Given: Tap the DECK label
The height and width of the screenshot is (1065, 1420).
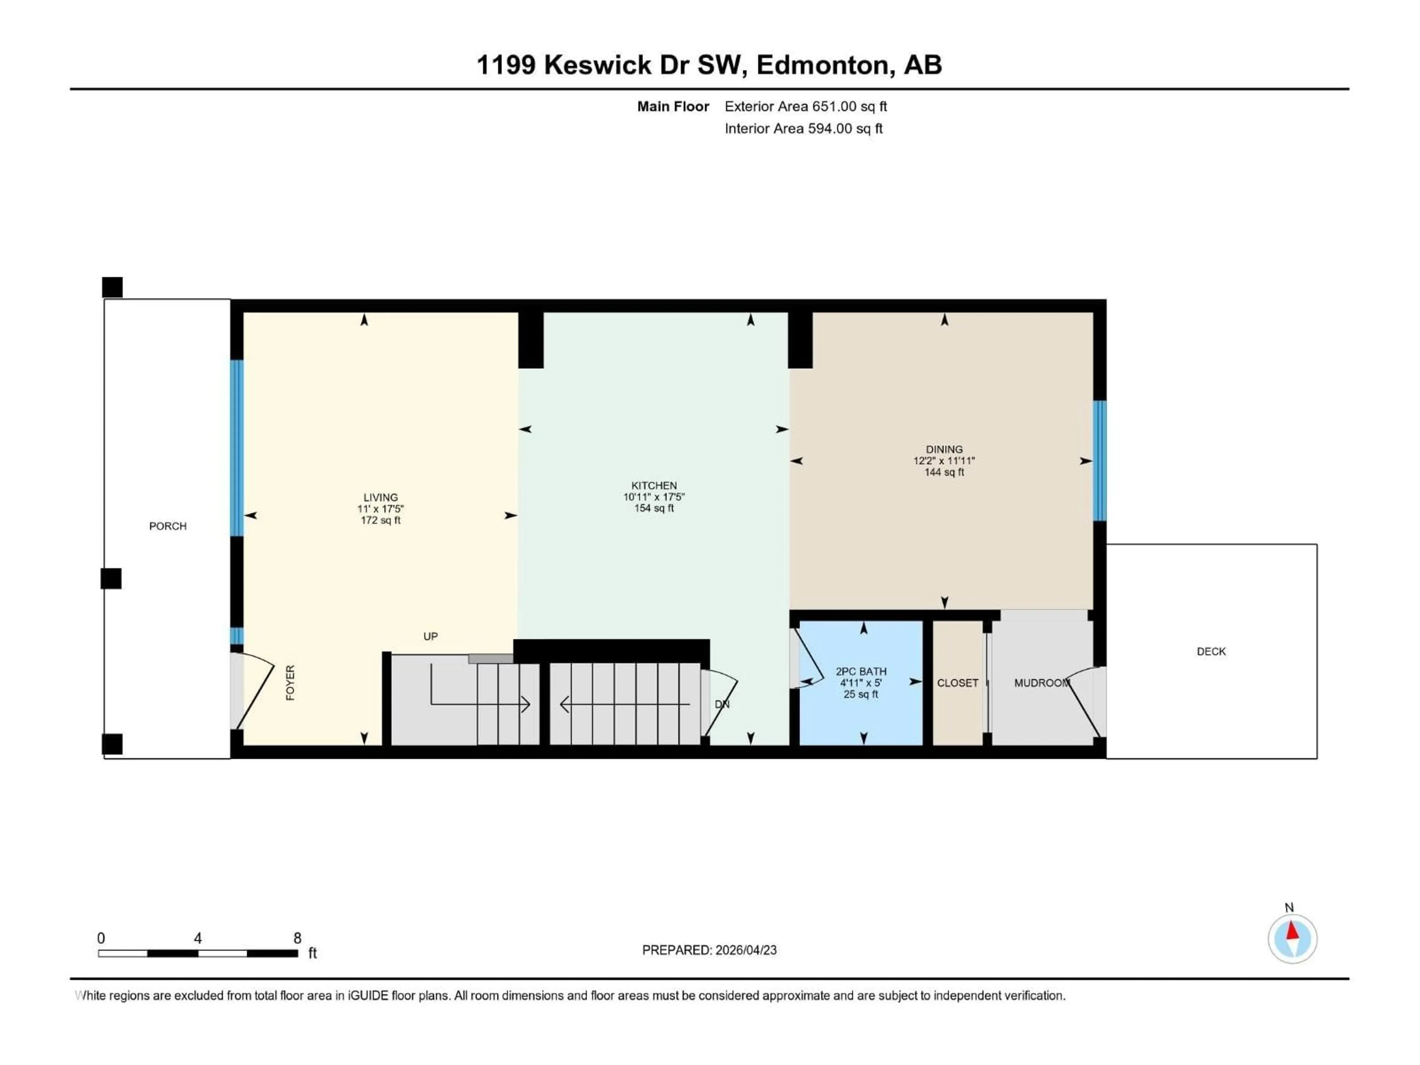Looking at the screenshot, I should click(x=1211, y=652).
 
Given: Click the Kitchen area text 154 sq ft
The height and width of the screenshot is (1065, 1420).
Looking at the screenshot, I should click(x=653, y=508).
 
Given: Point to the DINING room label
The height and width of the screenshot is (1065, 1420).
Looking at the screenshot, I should click(x=944, y=449).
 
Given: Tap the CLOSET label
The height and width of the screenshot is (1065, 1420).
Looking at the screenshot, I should click(x=957, y=683).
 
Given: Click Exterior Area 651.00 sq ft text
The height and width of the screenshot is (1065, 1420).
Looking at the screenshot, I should click(x=805, y=106).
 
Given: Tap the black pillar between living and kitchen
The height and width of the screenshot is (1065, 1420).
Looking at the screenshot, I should click(x=530, y=339).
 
